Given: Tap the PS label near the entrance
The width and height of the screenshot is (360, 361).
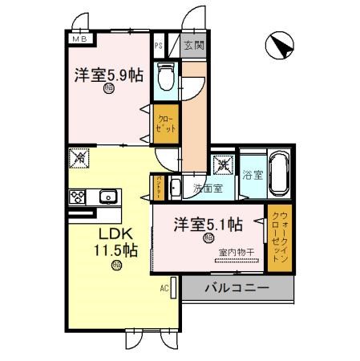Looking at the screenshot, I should point(160,46).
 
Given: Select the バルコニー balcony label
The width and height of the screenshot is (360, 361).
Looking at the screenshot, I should point(236,286).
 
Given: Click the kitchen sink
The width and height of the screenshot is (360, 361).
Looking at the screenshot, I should point(107,197).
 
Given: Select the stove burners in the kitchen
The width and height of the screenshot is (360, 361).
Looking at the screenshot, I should point(79,197).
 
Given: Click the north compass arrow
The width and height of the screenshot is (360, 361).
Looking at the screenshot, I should point(280,45).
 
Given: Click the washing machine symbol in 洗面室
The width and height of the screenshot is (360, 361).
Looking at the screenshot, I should point(222,164).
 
